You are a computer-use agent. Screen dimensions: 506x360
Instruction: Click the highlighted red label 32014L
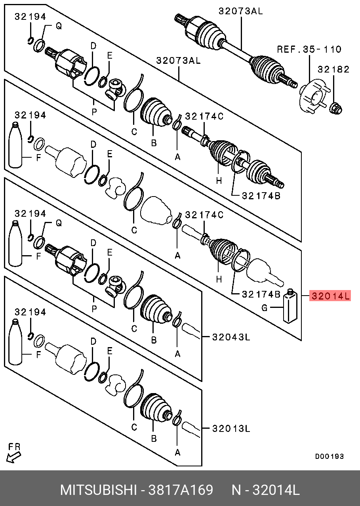tap(330, 296)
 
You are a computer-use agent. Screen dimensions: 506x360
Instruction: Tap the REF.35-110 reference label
tap(309, 49)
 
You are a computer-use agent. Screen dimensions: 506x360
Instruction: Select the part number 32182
tap(333, 70)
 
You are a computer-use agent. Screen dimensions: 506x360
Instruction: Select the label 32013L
tap(231, 428)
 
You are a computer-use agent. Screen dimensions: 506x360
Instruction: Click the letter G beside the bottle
tap(265, 307)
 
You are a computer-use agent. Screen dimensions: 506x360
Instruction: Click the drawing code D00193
tap(329, 456)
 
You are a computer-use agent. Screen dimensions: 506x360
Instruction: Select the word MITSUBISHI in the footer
tap(98, 490)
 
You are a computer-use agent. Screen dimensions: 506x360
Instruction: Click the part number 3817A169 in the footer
tap(181, 490)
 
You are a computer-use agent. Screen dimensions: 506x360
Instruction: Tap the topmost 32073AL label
tap(240, 11)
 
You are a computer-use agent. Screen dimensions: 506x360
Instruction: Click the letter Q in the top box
tap(59, 27)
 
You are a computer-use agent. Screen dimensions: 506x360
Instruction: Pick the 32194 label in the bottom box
tap(30, 312)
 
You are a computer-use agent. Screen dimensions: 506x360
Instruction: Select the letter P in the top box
tap(94, 112)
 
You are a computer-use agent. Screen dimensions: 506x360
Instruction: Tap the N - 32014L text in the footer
tap(265, 490)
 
